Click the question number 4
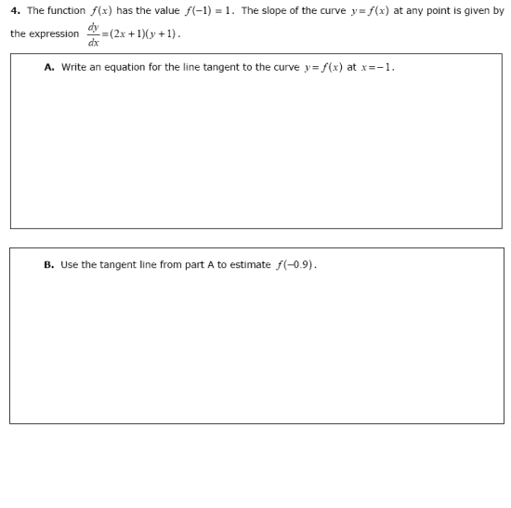click(15, 11)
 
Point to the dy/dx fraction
click(93, 34)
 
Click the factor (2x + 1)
click(124, 34)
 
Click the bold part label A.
click(48, 68)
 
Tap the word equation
click(123, 68)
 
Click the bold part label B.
click(48, 265)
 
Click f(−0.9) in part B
click(296, 265)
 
